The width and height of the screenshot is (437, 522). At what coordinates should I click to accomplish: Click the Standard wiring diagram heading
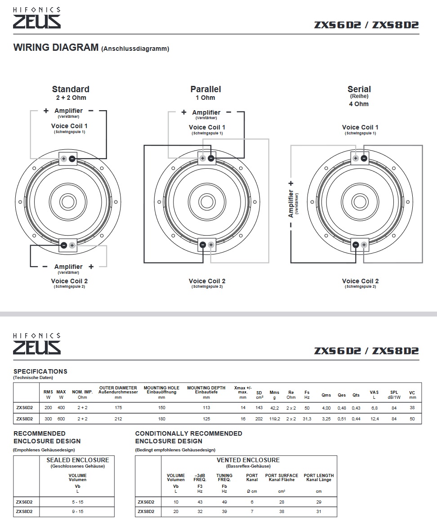71,89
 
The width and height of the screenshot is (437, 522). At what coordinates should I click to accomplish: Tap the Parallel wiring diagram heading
205,89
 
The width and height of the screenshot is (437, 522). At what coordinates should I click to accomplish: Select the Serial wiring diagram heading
359,89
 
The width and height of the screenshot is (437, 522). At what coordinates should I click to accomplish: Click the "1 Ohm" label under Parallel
205,98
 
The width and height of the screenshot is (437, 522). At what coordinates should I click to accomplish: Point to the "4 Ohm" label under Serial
359,104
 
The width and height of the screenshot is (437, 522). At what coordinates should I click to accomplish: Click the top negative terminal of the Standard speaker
72,158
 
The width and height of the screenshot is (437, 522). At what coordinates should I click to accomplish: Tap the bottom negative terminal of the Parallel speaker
203,245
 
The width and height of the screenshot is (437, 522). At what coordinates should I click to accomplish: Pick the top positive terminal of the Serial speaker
356,158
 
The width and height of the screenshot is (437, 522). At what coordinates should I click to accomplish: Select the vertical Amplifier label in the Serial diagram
291,203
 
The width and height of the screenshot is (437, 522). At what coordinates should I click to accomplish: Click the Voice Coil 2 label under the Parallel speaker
207,281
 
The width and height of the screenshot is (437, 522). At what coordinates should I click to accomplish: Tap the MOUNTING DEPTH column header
206,388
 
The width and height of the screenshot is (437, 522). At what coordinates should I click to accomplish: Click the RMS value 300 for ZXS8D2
49,419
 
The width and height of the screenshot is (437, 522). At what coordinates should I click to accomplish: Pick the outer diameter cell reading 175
118,408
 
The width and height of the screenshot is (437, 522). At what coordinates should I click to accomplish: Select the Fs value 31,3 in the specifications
307,419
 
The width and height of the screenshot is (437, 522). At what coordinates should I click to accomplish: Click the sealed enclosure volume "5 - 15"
78,502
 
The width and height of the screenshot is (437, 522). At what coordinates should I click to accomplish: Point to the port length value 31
319,512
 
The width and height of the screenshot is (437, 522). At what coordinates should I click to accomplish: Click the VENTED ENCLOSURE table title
248,460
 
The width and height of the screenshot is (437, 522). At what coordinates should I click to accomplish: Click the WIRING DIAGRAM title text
56,47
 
